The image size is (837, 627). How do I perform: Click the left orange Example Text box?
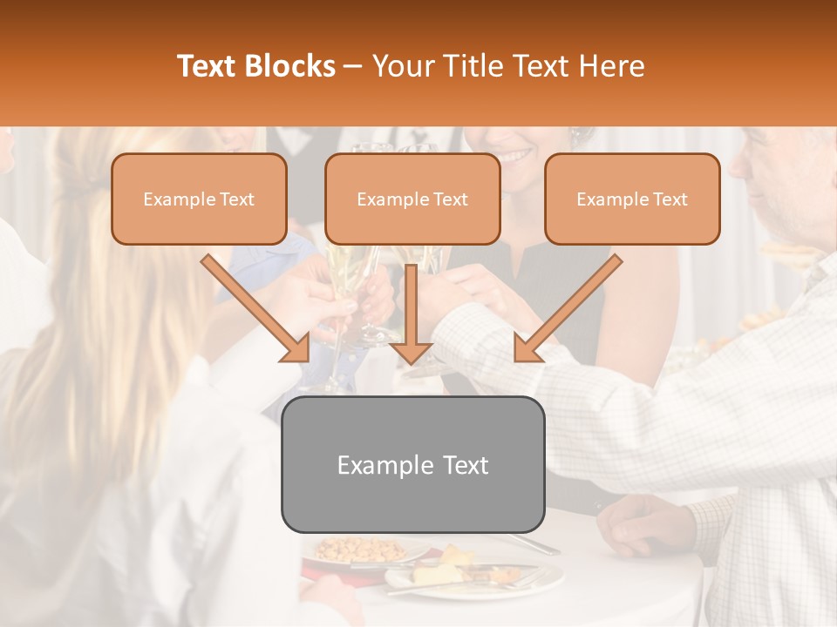click(x=199, y=199)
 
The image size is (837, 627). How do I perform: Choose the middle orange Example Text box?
click(x=412, y=199)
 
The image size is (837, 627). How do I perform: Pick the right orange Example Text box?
click(x=632, y=199)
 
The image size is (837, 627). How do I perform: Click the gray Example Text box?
click(x=412, y=464)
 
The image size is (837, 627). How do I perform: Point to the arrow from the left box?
click(x=256, y=307)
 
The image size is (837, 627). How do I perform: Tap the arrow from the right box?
click(x=568, y=307)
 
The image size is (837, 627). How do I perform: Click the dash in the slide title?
click(x=353, y=66)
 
